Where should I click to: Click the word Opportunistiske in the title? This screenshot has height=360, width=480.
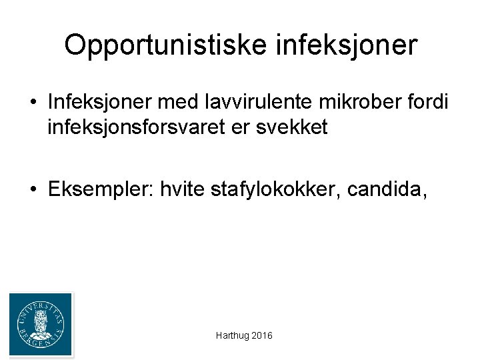click(x=159, y=45)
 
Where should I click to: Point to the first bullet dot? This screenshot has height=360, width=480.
click(x=33, y=102)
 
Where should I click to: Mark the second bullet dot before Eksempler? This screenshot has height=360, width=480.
click(x=33, y=191)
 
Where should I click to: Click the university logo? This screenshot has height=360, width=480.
click(x=41, y=324)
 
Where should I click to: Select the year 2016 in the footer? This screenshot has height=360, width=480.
click(x=262, y=336)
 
